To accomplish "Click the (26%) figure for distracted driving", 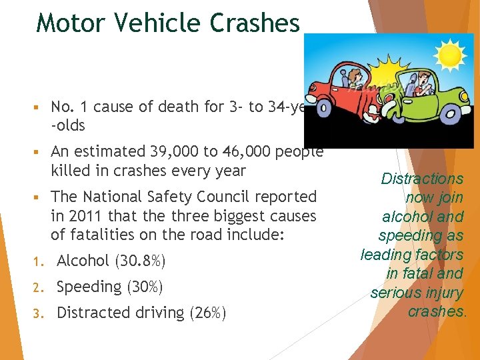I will (x=206, y=313).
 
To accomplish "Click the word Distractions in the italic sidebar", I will (x=422, y=179).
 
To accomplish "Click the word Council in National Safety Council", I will (x=234, y=197).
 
